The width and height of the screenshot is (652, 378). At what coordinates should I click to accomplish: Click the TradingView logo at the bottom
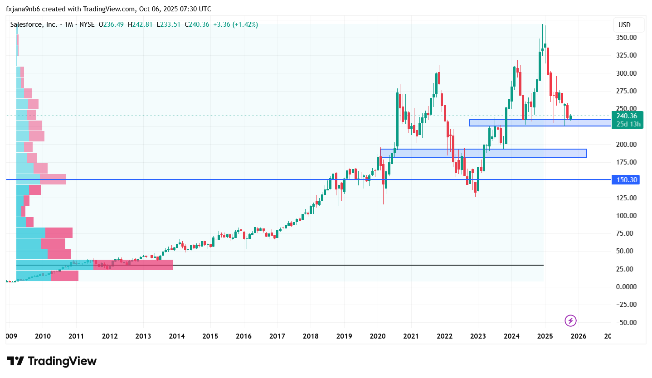click(52, 361)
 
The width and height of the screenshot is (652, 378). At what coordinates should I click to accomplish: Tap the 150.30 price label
click(627, 180)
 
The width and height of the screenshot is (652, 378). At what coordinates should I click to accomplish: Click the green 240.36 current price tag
click(627, 116)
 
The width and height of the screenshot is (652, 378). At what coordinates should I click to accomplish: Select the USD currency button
click(624, 25)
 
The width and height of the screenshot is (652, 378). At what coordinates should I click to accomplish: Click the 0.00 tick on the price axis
click(628, 287)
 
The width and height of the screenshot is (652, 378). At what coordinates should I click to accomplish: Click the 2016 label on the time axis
click(243, 336)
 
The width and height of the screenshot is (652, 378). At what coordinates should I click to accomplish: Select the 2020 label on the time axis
click(377, 336)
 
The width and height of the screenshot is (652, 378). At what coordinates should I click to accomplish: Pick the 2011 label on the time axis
click(76, 336)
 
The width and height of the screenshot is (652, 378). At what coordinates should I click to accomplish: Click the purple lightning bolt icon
click(570, 321)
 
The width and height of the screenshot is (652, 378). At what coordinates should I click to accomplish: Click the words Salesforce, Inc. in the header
click(34, 24)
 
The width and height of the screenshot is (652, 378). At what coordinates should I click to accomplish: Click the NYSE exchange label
click(87, 24)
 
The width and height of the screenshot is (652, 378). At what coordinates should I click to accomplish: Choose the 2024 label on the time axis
click(511, 336)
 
